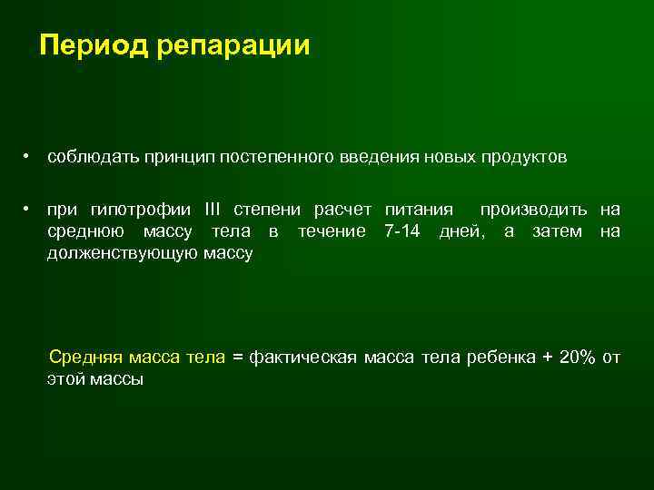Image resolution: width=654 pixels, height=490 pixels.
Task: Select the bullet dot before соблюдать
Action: (29, 157)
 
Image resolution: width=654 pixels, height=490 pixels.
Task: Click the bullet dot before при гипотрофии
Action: (29, 211)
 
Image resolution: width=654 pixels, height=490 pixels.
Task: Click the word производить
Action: (534, 211)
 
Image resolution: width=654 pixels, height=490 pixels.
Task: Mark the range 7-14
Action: (402, 231)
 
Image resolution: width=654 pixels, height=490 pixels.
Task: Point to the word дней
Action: (461, 231)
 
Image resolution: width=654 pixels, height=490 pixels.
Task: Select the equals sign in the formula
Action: (238, 358)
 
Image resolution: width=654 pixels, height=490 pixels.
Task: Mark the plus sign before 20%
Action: (547, 358)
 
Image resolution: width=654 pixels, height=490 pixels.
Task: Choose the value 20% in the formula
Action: (578, 358)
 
